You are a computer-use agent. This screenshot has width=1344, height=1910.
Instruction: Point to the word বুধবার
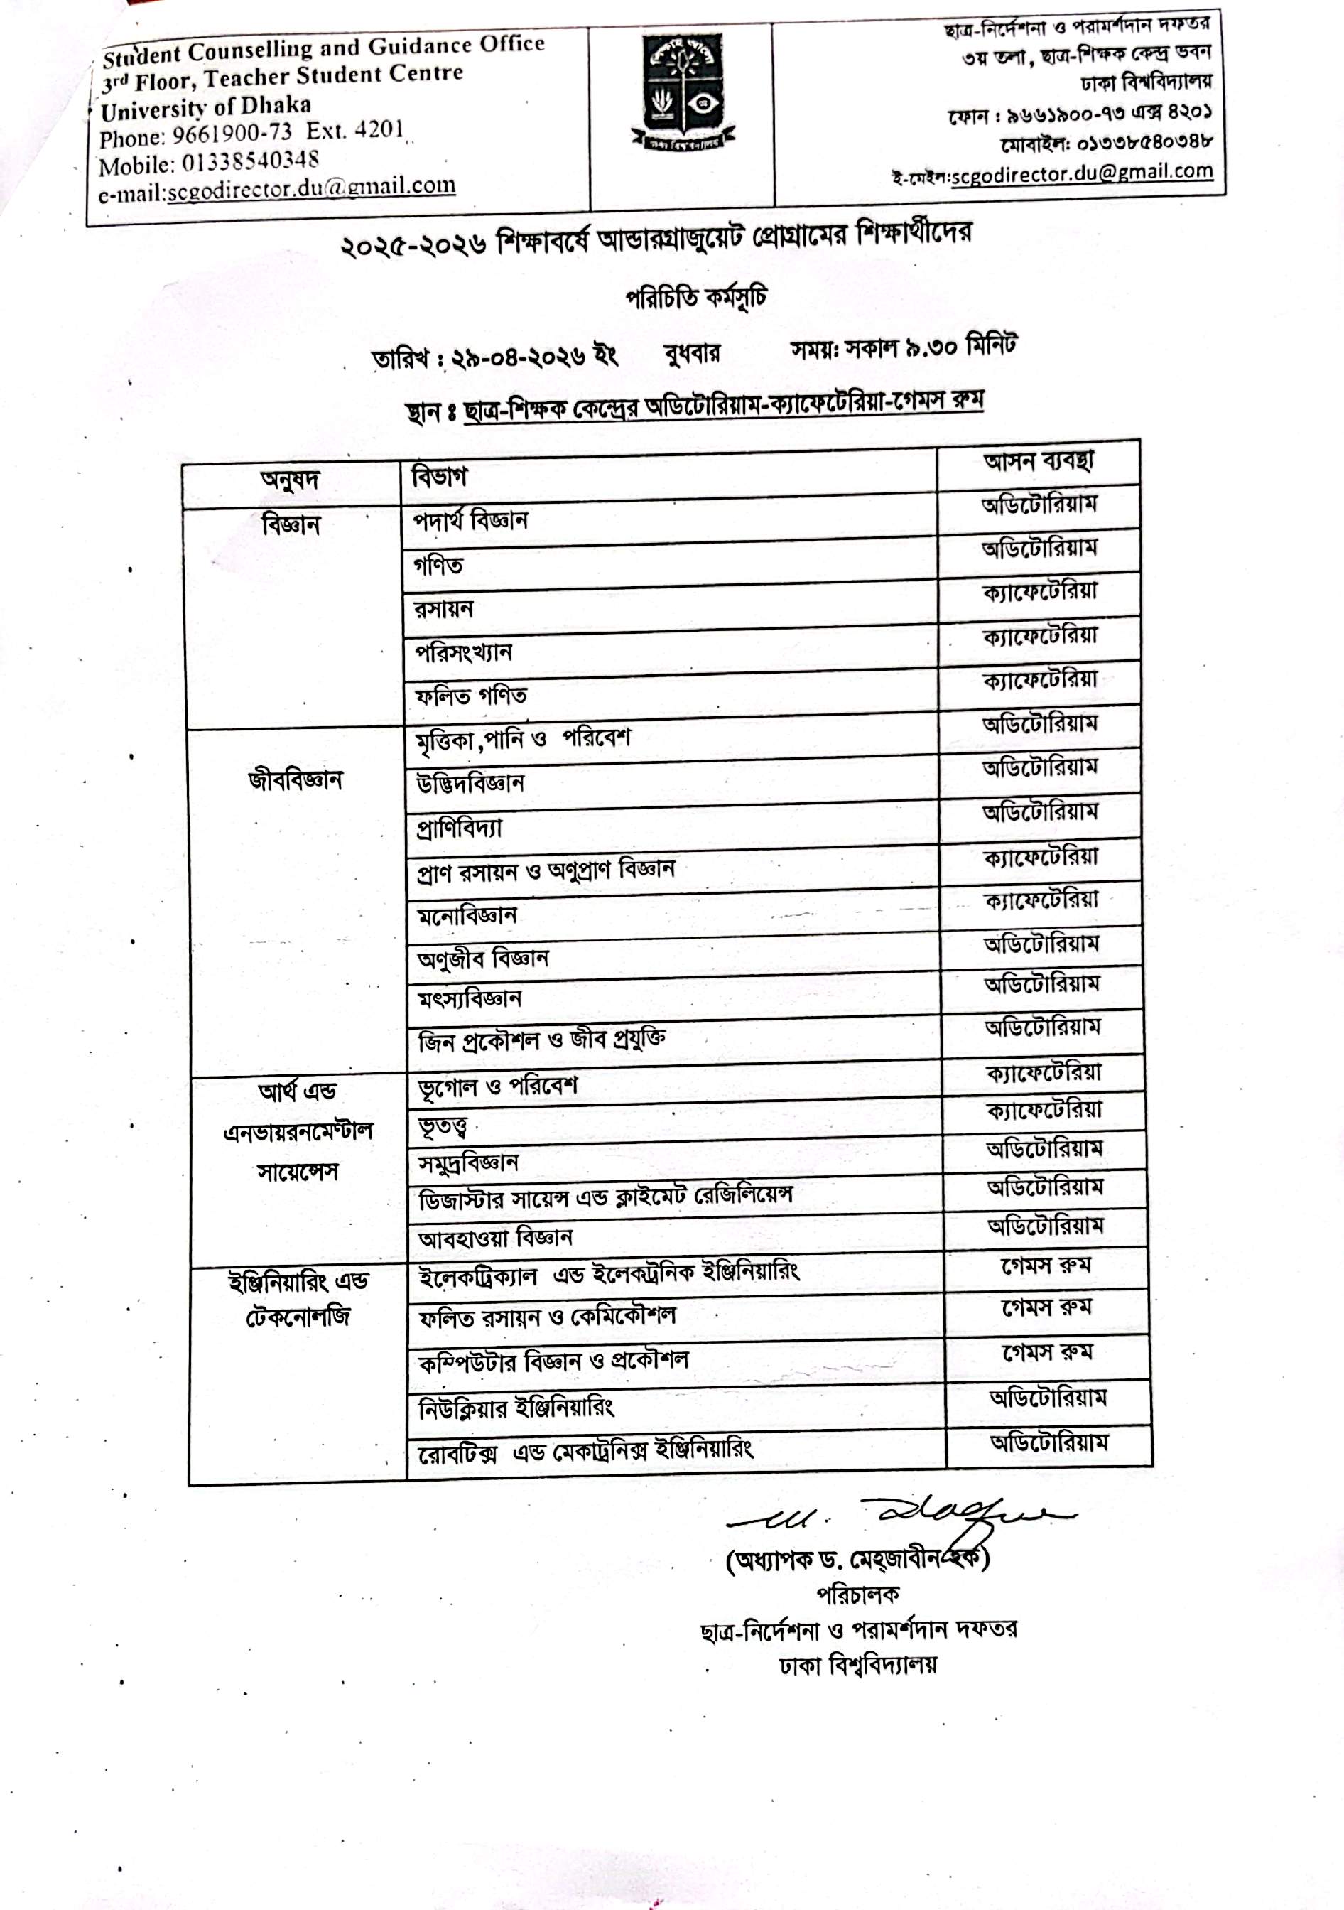click(691, 355)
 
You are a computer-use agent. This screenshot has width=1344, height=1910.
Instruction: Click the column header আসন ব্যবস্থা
click(1038, 462)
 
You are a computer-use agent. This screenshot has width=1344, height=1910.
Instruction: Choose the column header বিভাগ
click(439, 477)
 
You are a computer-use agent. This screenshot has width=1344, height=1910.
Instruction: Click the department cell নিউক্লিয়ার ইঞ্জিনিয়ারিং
click(516, 1408)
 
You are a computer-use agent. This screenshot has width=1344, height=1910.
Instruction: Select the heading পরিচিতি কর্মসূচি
click(695, 298)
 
